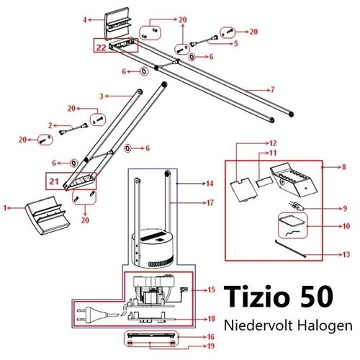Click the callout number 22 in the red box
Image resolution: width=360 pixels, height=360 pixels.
(101, 47)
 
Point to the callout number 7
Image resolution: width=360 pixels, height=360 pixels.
(272, 89)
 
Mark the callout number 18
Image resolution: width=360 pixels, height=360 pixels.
(211, 318)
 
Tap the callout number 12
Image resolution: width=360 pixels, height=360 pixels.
(273, 143)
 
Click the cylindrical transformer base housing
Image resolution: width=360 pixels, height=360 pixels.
(150, 249)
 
